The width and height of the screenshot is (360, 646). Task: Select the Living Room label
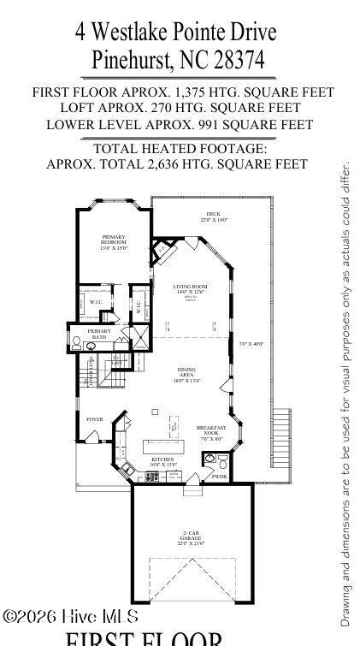pos(192,289)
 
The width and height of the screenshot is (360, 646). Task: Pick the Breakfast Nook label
pos(210,432)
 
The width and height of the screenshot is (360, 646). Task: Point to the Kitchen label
pos(162,461)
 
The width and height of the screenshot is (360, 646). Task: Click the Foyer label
pos(94,418)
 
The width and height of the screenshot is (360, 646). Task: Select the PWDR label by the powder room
pos(220,476)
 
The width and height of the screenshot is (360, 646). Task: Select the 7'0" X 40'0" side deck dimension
pos(251,344)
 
